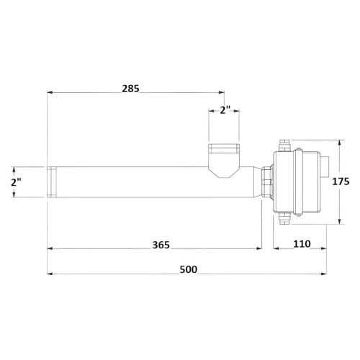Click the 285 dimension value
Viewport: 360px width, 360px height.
130,89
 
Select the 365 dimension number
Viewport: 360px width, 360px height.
161,245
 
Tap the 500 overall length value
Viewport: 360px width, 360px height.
189,269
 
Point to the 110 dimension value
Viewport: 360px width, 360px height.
302,244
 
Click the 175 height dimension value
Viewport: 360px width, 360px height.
341,181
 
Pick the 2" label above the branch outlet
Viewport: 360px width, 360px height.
225,110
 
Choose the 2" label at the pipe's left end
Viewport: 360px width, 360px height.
16,183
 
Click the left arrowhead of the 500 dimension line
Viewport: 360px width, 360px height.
50,274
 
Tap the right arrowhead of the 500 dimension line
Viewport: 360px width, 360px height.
324,274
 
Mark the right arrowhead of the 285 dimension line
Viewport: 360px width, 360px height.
222,92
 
